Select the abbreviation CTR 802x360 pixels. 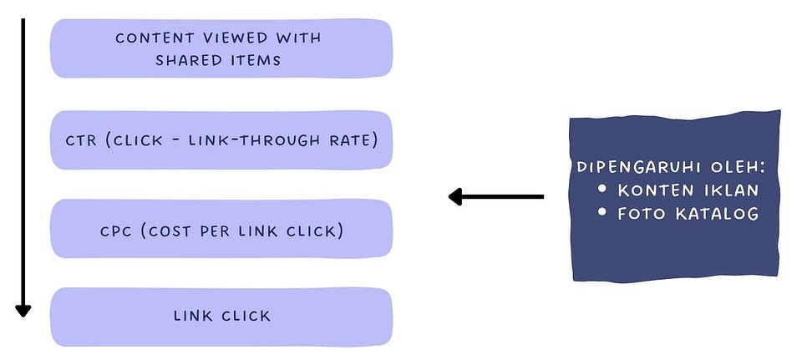click(82, 139)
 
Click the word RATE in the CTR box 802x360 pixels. click(351, 139)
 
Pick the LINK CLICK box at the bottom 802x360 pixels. click(221, 316)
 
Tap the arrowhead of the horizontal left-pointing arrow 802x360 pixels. click(455, 197)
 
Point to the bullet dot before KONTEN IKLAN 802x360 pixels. click(603, 190)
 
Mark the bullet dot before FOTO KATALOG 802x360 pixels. click(603, 213)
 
